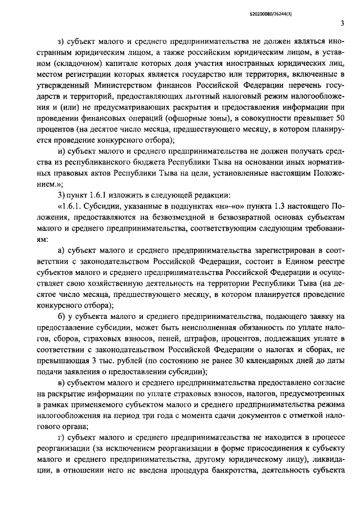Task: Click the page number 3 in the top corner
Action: (341, 24)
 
